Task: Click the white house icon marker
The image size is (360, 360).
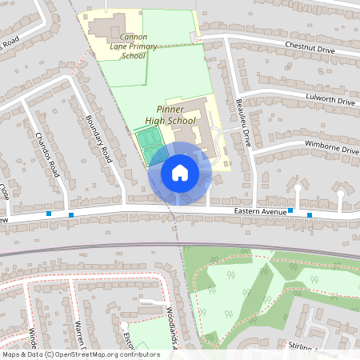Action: pos(180,173)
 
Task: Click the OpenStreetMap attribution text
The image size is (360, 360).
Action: pos(80,354)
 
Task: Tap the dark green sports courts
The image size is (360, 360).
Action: pos(146,144)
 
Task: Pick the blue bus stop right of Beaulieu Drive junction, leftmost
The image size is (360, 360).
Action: pos(290,211)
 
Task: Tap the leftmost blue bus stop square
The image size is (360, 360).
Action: pos(50,214)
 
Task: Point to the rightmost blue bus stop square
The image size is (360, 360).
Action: pos(310,214)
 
